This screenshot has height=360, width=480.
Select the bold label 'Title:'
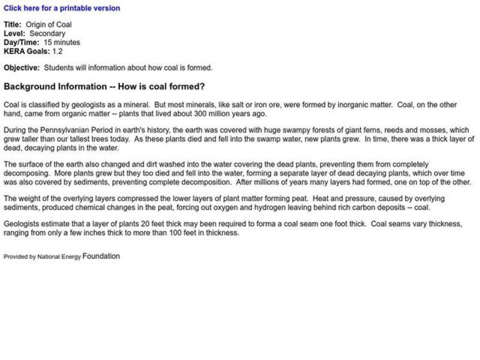[13, 25]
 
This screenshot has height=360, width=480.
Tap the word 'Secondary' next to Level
[47, 34]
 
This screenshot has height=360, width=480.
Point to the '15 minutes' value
[62, 43]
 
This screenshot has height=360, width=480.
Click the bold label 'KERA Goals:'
[26, 52]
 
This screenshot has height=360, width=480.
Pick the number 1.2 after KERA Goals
[58, 52]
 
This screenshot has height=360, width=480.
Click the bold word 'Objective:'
[22, 68]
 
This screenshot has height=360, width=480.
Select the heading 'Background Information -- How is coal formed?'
[104, 86]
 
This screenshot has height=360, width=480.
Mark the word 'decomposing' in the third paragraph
[25, 173]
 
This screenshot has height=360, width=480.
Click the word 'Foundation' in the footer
[101, 256]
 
